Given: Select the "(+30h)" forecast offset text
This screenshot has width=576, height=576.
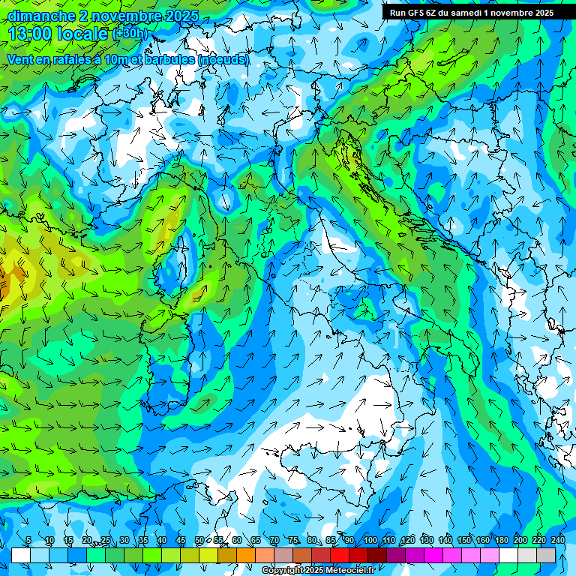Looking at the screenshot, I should point(130,34).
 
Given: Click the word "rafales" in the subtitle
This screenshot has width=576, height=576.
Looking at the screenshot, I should point(70,59).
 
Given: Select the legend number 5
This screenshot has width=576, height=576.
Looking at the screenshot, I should point(28,541).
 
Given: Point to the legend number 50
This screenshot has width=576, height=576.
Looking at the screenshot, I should point(199,541).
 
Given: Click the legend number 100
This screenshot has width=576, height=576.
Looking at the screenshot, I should point(370,541).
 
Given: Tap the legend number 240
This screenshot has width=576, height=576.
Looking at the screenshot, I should point(557,541).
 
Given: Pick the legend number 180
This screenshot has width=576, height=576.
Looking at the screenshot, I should point(501,541).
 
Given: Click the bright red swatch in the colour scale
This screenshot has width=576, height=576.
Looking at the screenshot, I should point(340,555).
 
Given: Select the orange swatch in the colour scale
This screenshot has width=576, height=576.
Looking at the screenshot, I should point(246,555).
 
